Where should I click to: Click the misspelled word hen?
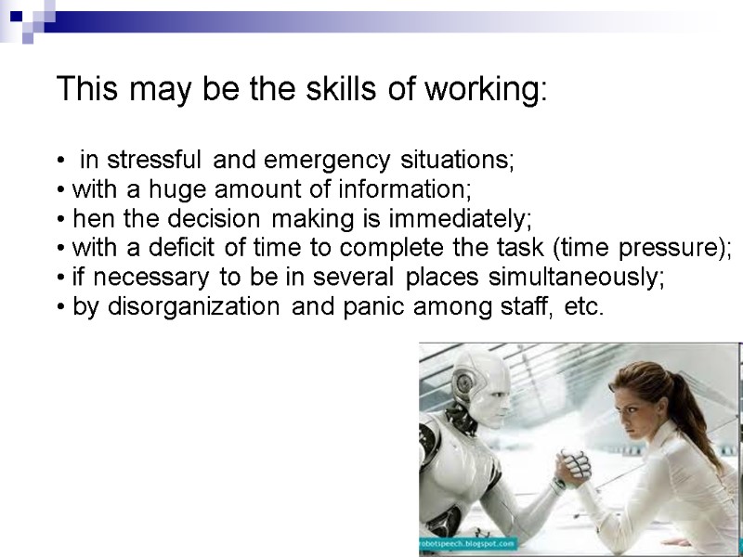pos(91,220)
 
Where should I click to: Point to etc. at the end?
pos(584,306)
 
